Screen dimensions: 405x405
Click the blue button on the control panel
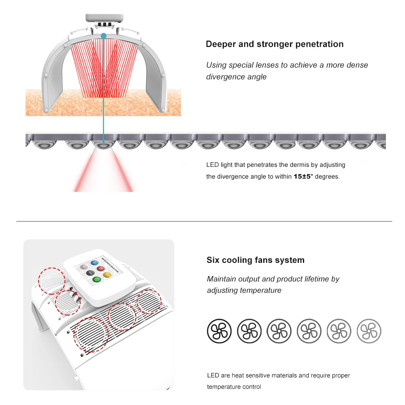[94, 263]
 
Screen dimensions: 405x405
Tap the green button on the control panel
[97, 279]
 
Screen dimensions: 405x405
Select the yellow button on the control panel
[107, 275]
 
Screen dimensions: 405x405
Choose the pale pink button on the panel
[84, 267]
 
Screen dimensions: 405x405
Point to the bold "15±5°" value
[303, 177]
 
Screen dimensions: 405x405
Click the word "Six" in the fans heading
[213, 260]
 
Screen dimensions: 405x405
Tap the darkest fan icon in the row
[219, 331]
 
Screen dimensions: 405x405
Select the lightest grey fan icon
[369, 331]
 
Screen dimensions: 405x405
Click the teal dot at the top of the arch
[104, 36]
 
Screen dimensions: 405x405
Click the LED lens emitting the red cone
[103, 145]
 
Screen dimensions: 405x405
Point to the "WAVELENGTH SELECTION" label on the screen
[110, 265]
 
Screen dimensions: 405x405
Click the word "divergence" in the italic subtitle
[225, 77]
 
